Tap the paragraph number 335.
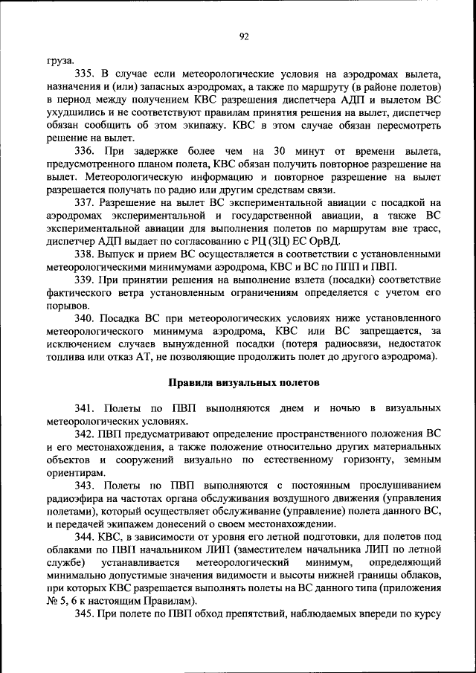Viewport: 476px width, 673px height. (84, 74)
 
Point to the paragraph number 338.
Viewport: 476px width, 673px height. (84, 254)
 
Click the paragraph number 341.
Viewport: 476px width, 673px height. (84, 408)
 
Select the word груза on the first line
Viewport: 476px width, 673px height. (59, 62)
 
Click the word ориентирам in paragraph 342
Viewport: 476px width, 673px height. (75, 471)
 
